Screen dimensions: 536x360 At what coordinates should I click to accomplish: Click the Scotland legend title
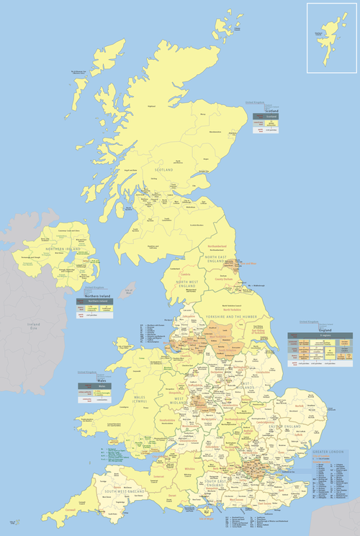point(271,111)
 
